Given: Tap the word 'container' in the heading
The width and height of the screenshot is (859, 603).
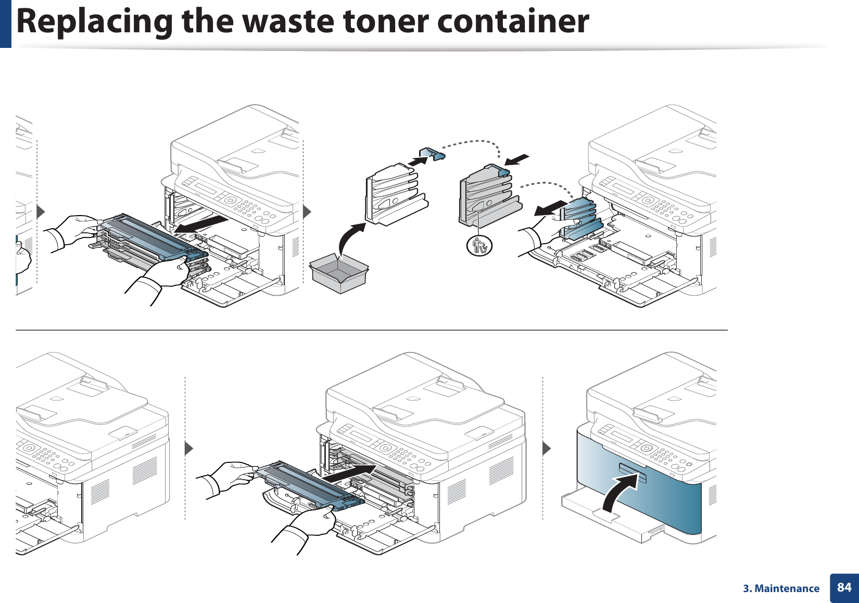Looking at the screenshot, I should (513, 21).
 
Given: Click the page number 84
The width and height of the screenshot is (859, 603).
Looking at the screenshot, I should (844, 587).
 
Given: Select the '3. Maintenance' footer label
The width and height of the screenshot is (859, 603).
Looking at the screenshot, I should (781, 588).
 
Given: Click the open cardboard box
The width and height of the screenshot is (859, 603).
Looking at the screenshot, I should (338, 273).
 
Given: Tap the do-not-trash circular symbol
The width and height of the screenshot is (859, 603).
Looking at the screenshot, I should (479, 245).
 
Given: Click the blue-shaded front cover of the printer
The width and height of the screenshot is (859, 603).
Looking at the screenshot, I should (672, 500).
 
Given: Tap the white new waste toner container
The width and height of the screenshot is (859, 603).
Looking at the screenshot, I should (396, 195).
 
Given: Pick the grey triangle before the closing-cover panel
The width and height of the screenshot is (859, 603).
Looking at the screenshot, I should (546, 448).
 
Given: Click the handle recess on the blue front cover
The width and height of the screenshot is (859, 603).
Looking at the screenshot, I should (632, 471).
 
